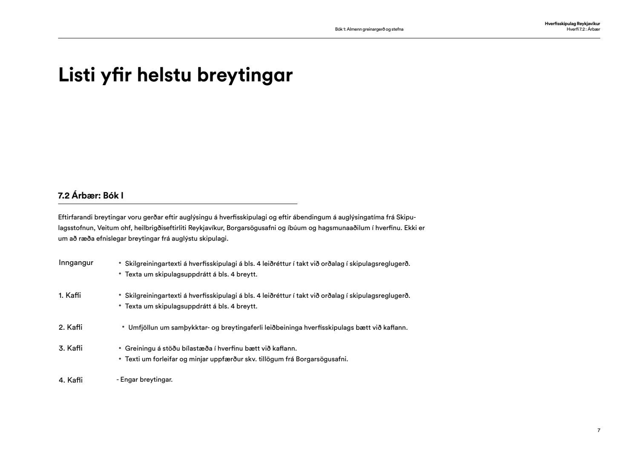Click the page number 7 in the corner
coord(599,431)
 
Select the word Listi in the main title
coord(75,75)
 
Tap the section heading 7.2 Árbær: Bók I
coord(91,196)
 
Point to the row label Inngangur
coord(76,263)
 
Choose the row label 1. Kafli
coord(70,295)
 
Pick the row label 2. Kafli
coord(70,327)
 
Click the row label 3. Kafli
coord(70,348)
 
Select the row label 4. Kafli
coord(70,380)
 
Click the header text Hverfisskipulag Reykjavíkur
coord(572,24)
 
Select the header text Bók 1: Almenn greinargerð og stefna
coord(369,29)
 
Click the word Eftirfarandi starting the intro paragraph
coord(75,217)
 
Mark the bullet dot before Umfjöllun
coord(123,327)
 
